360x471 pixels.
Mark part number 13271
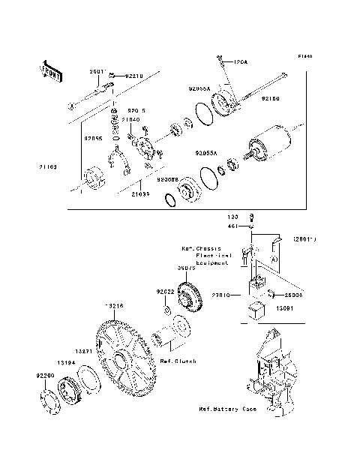(84, 350)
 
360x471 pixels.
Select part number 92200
(45, 373)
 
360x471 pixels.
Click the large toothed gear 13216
(124, 360)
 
